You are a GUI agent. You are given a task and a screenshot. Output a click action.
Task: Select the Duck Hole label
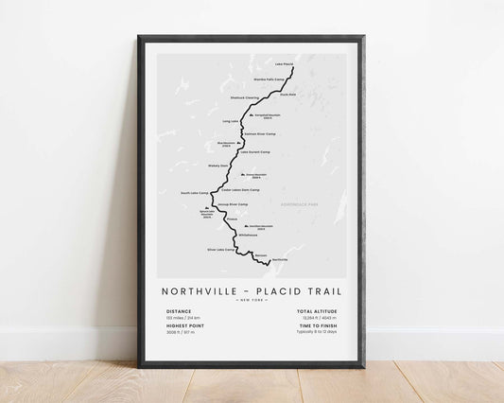[x=288, y=94]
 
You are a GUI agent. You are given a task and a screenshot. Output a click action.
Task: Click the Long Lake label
[x=230, y=121]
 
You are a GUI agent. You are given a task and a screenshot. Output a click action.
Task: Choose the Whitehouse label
[x=249, y=236]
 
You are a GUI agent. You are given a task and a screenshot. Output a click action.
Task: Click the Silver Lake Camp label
[x=220, y=250]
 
